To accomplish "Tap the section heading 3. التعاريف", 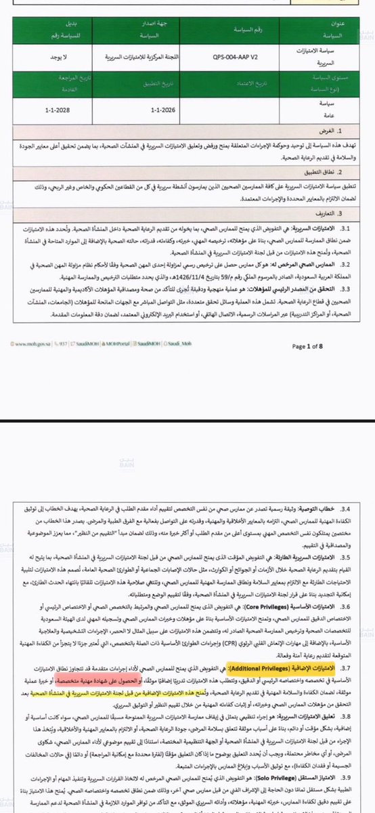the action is click(342, 211).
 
